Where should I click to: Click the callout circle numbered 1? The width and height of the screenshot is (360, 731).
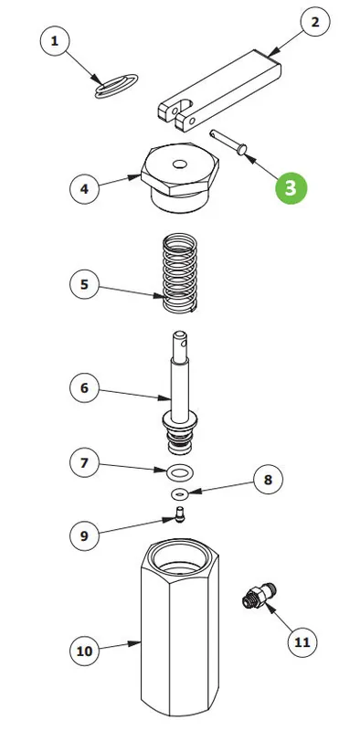55,41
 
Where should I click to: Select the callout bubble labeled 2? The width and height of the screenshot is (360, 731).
315,22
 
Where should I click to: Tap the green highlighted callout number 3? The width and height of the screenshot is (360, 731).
291,188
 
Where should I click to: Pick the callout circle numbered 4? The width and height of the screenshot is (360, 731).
84,189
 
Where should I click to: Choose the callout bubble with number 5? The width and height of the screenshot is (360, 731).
84,284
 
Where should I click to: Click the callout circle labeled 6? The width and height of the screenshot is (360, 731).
84,387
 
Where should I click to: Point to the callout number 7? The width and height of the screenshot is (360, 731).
84,463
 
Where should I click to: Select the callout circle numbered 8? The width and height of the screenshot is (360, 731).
268,479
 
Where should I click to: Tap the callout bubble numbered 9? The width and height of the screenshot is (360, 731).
84,535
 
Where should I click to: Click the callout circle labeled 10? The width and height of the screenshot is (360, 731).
84,651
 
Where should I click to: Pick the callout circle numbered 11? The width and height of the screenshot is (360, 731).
302,642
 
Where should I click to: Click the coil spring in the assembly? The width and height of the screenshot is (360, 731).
179,273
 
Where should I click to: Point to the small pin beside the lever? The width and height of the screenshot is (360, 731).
228,142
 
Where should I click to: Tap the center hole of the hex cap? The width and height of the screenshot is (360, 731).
179,164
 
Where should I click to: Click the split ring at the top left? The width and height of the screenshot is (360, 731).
117,86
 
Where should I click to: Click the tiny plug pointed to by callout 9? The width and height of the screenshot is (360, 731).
179,514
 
